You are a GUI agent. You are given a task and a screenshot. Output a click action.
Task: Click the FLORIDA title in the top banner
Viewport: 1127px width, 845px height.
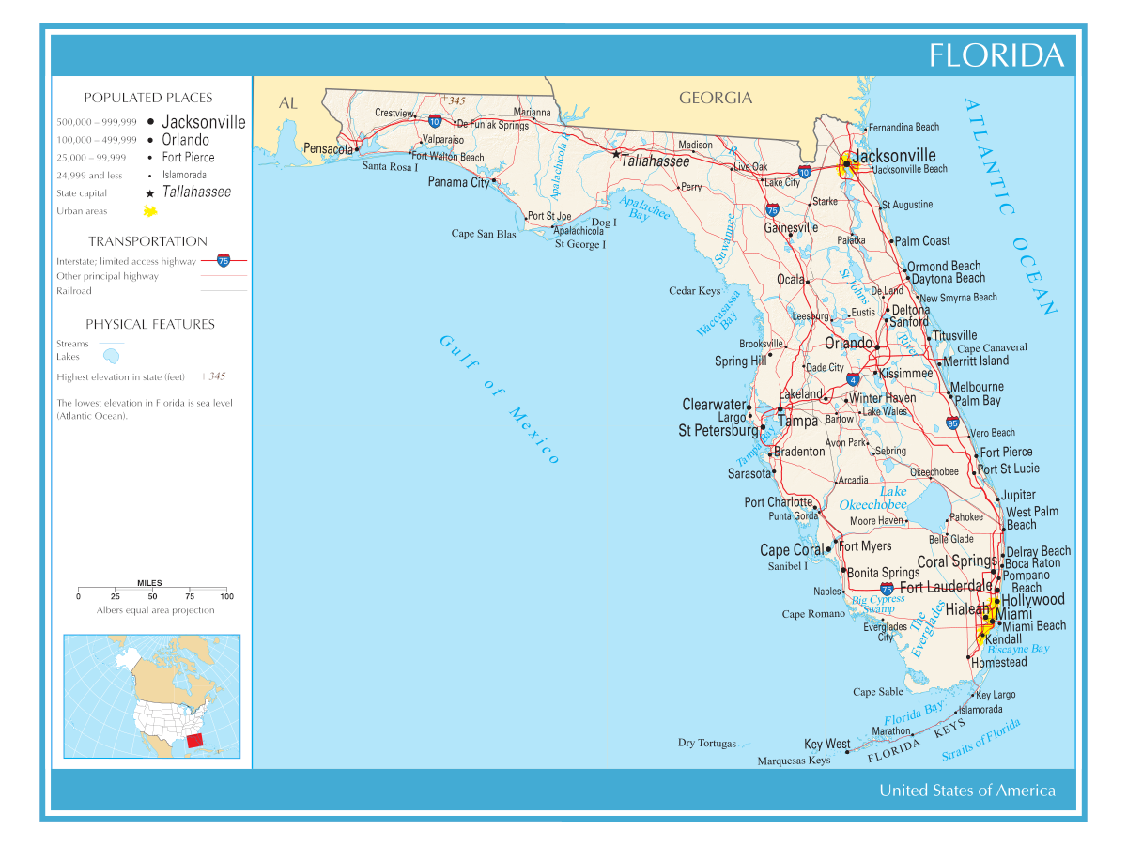(x=996, y=55)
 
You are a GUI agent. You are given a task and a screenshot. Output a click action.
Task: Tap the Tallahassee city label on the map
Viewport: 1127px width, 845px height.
(x=656, y=161)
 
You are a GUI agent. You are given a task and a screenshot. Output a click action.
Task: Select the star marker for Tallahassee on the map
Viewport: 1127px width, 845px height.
(x=616, y=154)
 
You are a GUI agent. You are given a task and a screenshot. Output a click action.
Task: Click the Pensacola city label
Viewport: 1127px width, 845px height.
(x=328, y=149)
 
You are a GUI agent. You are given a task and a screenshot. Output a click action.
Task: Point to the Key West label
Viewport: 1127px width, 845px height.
(x=826, y=745)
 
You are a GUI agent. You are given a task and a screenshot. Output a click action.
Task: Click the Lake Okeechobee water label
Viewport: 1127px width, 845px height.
(x=872, y=499)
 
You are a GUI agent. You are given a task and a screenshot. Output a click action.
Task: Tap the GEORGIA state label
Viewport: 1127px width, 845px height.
(x=716, y=98)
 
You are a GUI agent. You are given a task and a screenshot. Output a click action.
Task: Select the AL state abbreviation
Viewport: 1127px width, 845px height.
(x=288, y=103)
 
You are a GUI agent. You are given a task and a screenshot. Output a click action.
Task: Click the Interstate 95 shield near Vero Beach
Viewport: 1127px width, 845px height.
(x=952, y=423)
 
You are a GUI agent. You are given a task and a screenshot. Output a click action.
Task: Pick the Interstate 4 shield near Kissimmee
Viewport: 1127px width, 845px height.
(x=852, y=380)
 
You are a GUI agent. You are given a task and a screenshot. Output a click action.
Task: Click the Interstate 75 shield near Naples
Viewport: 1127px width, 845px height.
(x=887, y=589)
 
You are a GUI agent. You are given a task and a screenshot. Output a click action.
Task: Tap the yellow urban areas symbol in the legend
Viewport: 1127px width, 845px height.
(x=149, y=211)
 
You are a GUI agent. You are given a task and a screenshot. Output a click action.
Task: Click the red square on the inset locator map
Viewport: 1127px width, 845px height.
(x=194, y=740)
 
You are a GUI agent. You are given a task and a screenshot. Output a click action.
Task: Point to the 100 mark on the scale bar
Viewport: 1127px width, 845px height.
(x=226, y=596)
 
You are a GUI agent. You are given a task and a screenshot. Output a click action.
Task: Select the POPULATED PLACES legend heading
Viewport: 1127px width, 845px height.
(x=148, y=98)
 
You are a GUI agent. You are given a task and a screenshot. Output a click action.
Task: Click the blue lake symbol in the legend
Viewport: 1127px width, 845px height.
(x=112, y=357)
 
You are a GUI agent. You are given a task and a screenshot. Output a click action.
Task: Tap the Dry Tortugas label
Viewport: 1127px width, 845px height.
(x=707, y=743)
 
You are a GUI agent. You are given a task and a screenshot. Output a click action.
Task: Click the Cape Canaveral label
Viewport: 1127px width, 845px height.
(x=992, y=347)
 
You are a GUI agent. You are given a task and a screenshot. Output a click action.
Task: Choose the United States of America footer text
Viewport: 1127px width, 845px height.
(x=966, y=791)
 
